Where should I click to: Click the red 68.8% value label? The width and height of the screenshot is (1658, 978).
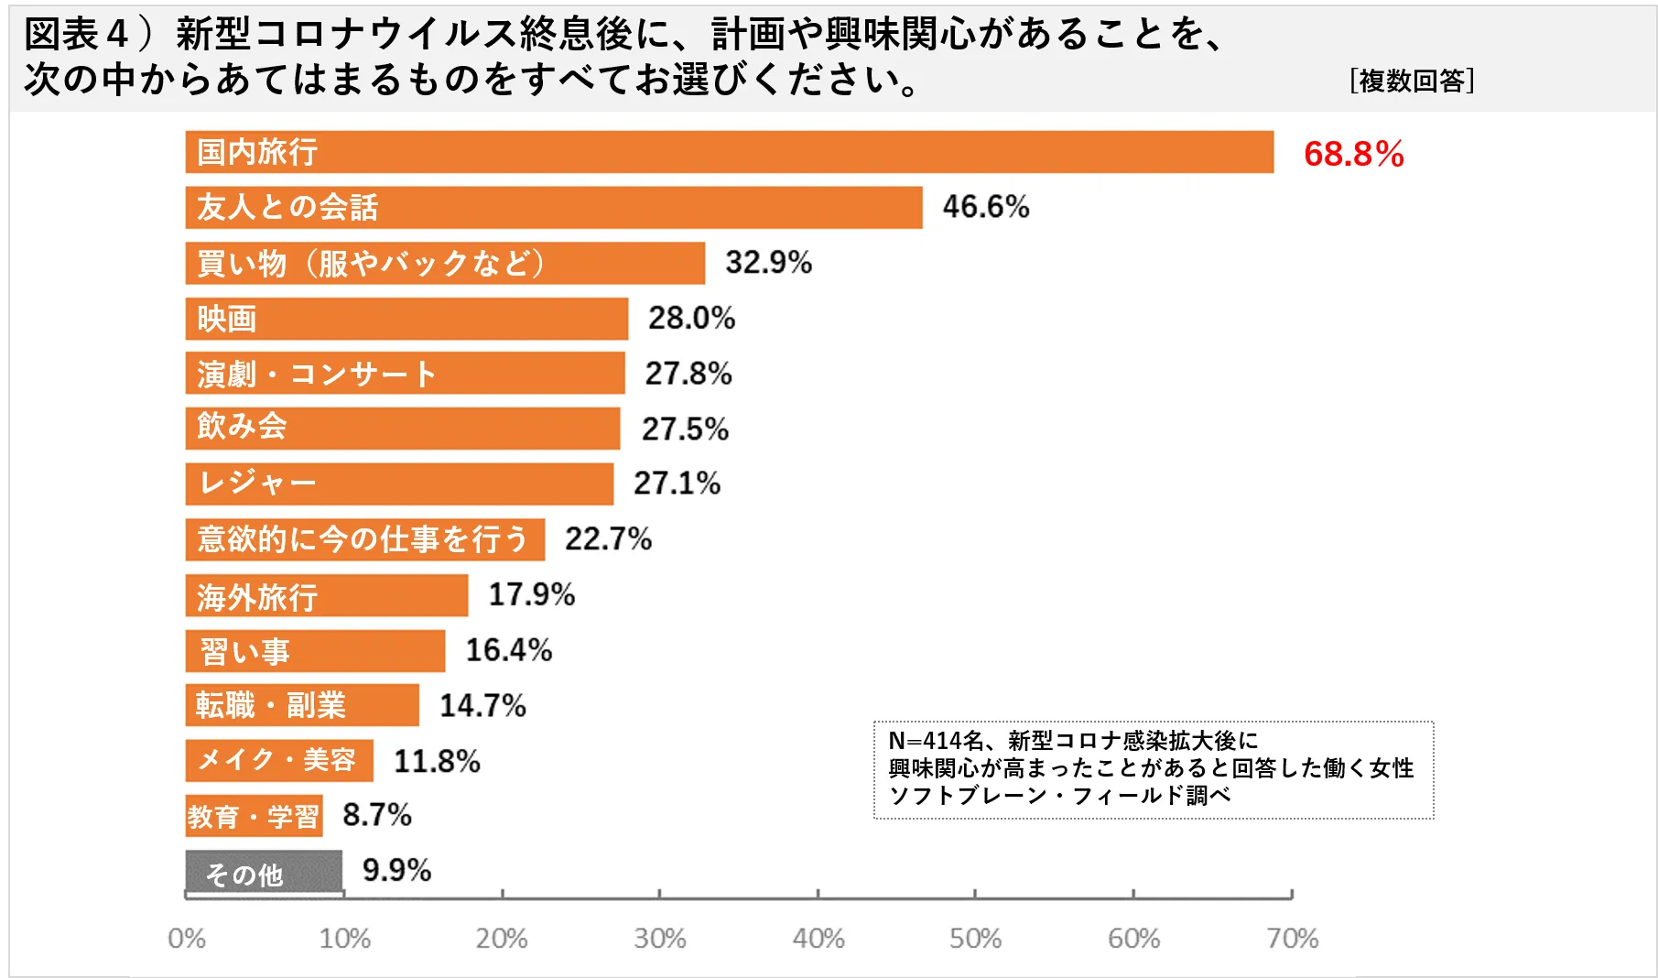(1353, 154)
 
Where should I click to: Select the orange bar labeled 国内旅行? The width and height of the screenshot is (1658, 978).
(729, 152)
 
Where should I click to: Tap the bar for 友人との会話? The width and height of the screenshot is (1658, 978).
(553, 208)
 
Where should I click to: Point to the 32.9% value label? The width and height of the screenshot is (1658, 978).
(768, 263)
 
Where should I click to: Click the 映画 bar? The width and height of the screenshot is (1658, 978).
(406, 319)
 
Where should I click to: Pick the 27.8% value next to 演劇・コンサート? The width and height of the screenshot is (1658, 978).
(688, 374)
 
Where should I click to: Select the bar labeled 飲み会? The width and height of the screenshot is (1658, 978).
(402, 429)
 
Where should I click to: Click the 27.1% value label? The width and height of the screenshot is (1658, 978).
(677, 484)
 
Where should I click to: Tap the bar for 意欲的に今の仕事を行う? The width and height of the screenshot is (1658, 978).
(364, 539)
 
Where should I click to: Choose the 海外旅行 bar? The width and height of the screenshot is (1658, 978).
(326, 595)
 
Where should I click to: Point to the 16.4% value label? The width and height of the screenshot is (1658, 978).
(508, 650)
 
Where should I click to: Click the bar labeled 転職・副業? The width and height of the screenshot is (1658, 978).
(301, 705)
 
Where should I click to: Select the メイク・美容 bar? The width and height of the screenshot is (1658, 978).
(278, 760)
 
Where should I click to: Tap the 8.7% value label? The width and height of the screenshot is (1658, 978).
(376, 815)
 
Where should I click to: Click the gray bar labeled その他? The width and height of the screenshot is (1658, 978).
(264, 872)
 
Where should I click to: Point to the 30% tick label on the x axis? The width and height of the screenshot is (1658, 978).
(659, 939)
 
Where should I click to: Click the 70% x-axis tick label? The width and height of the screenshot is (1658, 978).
(1292, 939)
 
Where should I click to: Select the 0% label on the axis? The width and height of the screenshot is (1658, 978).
(187, 939)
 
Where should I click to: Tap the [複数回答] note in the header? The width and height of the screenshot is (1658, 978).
(1411, 81)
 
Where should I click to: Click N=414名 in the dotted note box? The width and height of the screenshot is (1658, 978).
(935, 741)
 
